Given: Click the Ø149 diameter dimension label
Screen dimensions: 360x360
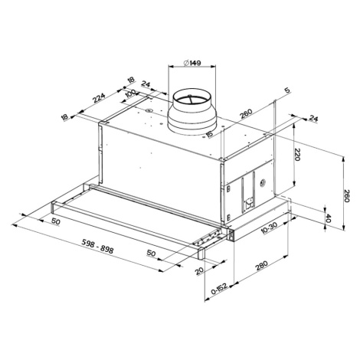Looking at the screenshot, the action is pyautogui.click(x=192, y=63).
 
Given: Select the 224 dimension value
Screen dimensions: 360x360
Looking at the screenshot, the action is pyautogui.click(x=99, y=97).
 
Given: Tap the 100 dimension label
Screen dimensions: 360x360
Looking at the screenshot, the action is pyautogui.click(x=131, y=94).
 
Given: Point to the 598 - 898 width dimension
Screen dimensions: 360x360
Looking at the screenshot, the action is pyautogui.click(x=98, y=246).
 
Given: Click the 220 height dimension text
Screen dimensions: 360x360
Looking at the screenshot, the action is pyautogui.click(x=297, y=155).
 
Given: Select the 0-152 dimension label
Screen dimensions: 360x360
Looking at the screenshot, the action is pyautogui.click(x=219, y=290).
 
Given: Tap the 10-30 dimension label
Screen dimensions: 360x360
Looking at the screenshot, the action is pyautogui.click(x=270, y=228).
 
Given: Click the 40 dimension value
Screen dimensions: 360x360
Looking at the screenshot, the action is pyautogui.click(x=329, y=218).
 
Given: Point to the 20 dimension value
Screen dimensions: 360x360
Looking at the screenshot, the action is pyautogui.click(x=199, y=270).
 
